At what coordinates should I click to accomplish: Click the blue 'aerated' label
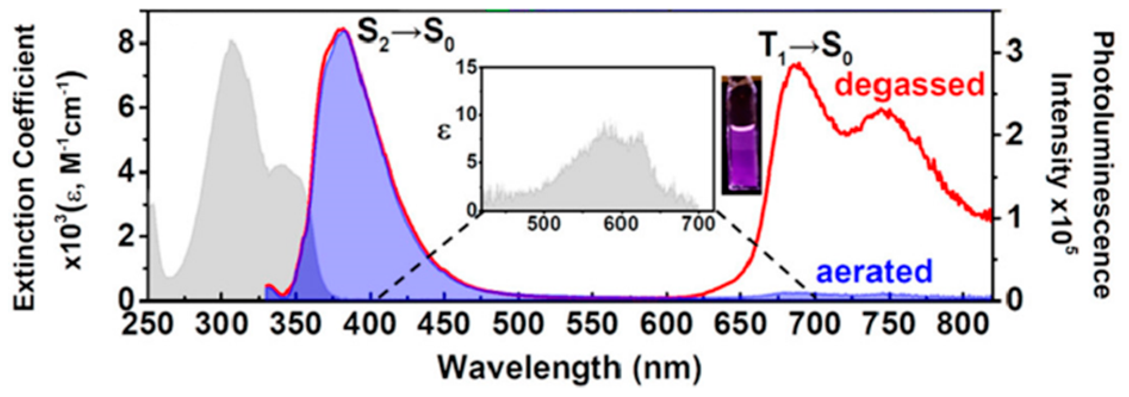point(873,271)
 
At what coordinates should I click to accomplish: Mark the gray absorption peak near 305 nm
point(232,42)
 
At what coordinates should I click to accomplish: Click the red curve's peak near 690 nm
point(797,64)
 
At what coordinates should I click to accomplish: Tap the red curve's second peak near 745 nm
point(884,110)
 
